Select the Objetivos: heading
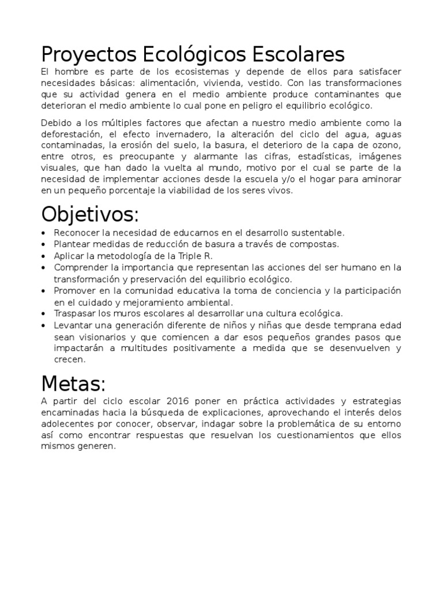pyautogui.click(x=90, y=215)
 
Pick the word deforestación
pyautogui.click(x=69, y=133)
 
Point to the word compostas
pyautogui.click(x=317, y=244)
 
